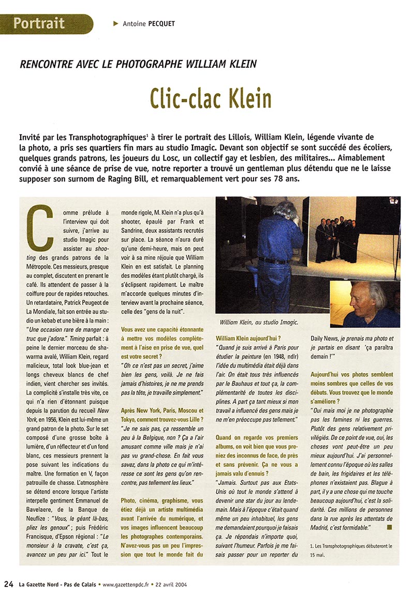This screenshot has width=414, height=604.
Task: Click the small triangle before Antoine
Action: tap(115, 23)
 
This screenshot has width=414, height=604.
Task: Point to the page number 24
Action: tap(8, 585)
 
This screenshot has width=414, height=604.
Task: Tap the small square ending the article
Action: tap(389, 526)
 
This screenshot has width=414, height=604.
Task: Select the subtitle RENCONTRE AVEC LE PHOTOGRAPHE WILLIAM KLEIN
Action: tap(138, 64)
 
